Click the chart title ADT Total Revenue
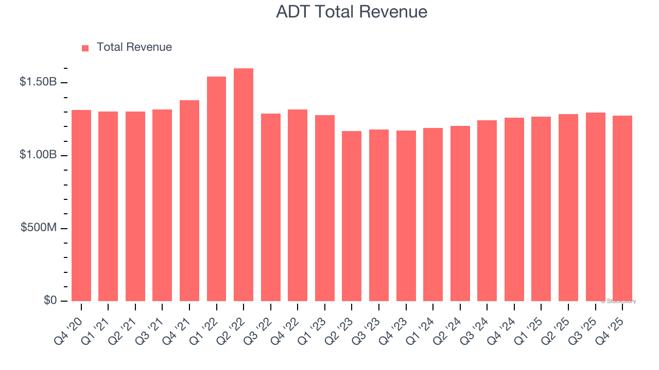point(352,11)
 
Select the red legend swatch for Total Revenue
point(85,48)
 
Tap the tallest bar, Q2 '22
point(244,185)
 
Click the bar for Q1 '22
point(216,189)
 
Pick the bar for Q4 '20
point(81,206)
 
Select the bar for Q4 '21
point(189,200)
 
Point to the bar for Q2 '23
point(352,216)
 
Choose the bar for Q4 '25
point(622,208)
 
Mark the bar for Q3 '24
point(487,211)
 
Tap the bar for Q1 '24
point(433,214)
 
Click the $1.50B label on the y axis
point(38,82)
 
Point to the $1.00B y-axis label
point(38,155)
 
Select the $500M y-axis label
point(39,228)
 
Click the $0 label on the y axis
point(50,300)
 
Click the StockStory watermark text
point(618,301)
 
